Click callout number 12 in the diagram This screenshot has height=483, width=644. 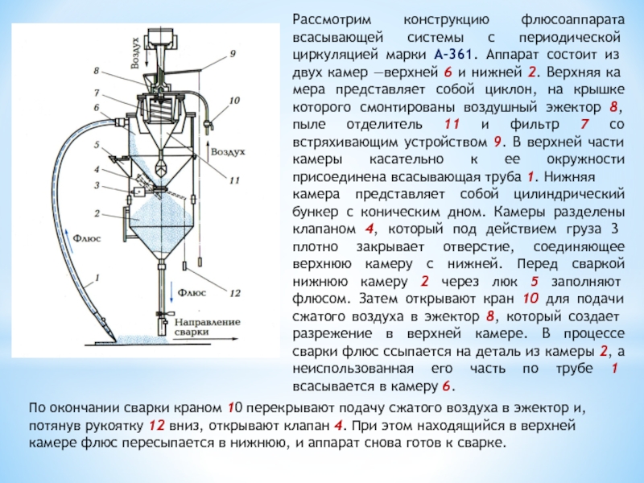236,292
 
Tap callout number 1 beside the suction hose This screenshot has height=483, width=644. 97,278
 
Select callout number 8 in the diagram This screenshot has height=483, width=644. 97,71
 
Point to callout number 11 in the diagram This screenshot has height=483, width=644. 234,181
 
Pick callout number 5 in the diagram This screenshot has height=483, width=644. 97,146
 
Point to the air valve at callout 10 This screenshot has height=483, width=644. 212,124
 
